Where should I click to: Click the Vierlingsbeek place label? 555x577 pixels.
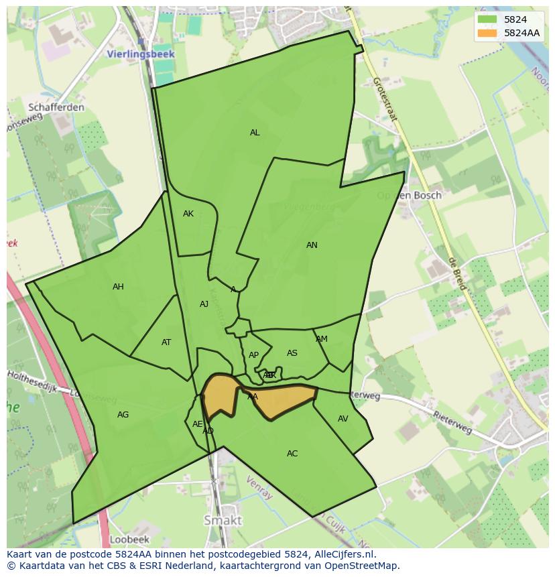(141, 54)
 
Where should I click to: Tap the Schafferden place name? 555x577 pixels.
(56, 107)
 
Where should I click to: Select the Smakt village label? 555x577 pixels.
(223, 520)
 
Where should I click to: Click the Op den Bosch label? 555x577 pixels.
(409, 196)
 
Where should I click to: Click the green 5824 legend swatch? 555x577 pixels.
(487, 19)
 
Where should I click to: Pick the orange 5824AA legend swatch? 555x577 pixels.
(487, 33)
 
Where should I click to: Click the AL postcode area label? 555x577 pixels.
(255, 133)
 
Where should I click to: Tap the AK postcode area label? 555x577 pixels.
(188, 214)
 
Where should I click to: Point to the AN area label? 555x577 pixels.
(312, 245)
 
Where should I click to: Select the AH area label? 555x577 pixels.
(118, 287)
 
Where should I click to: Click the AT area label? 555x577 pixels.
(166, 342)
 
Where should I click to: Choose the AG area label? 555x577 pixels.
(123, 415)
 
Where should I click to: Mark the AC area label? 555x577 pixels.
(292, 454)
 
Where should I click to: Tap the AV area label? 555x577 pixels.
(343, 419)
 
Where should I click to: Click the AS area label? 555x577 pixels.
(292, 353)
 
